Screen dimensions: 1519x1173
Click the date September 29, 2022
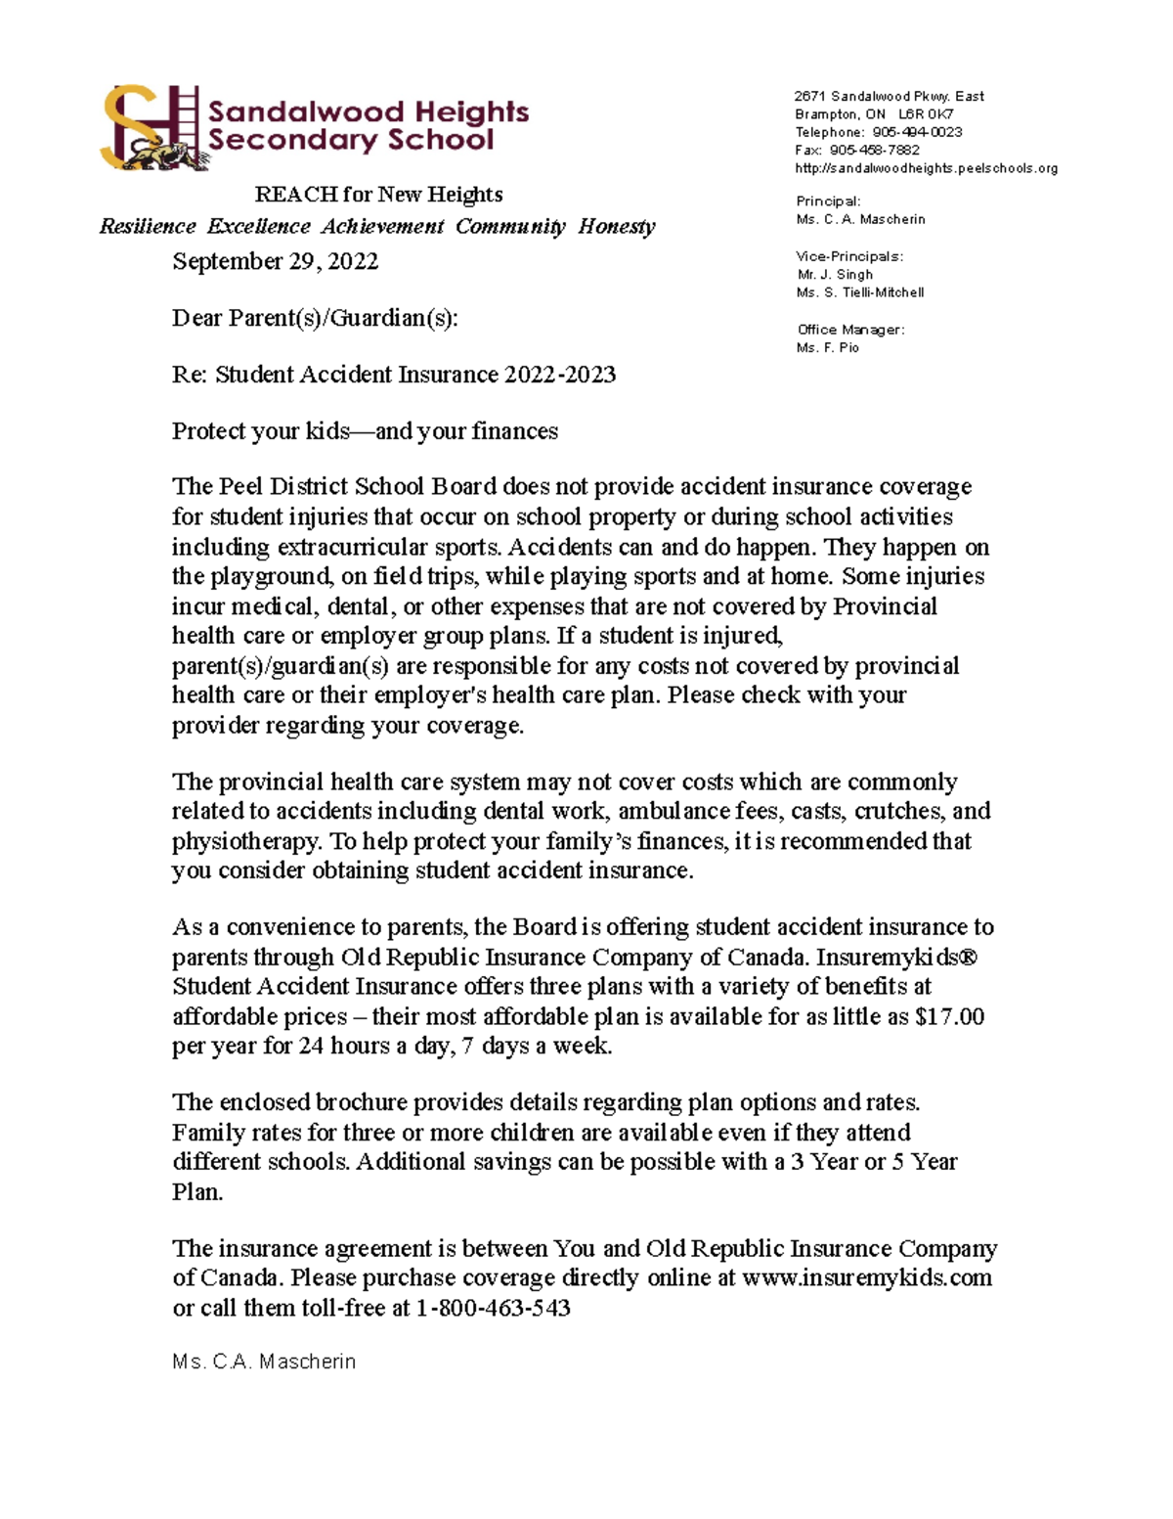[x=275, y=261]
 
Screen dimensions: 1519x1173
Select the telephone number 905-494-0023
[x=917, y=132]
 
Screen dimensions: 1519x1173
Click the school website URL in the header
[x=926, y=168]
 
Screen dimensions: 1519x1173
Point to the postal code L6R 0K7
[x=926, y=114]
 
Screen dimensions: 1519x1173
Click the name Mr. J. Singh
[x=835, y=274]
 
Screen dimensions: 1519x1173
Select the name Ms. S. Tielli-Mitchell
[x=859, y=292]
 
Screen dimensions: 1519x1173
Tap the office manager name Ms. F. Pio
[x=827, y=347]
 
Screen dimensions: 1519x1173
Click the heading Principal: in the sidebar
[x=828, y=201]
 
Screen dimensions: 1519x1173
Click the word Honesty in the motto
[x=616, y=227]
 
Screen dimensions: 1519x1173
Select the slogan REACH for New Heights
[x=378, y=195]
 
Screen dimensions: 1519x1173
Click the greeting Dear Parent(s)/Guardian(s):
[x=314, y=318]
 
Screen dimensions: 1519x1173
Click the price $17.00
[x=949, y=1016]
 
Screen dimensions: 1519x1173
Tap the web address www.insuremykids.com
[x=867, y=1277]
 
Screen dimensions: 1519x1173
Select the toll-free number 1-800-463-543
[x=493, y=1308]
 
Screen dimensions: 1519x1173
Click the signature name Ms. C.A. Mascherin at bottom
[x=264, y=1362]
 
